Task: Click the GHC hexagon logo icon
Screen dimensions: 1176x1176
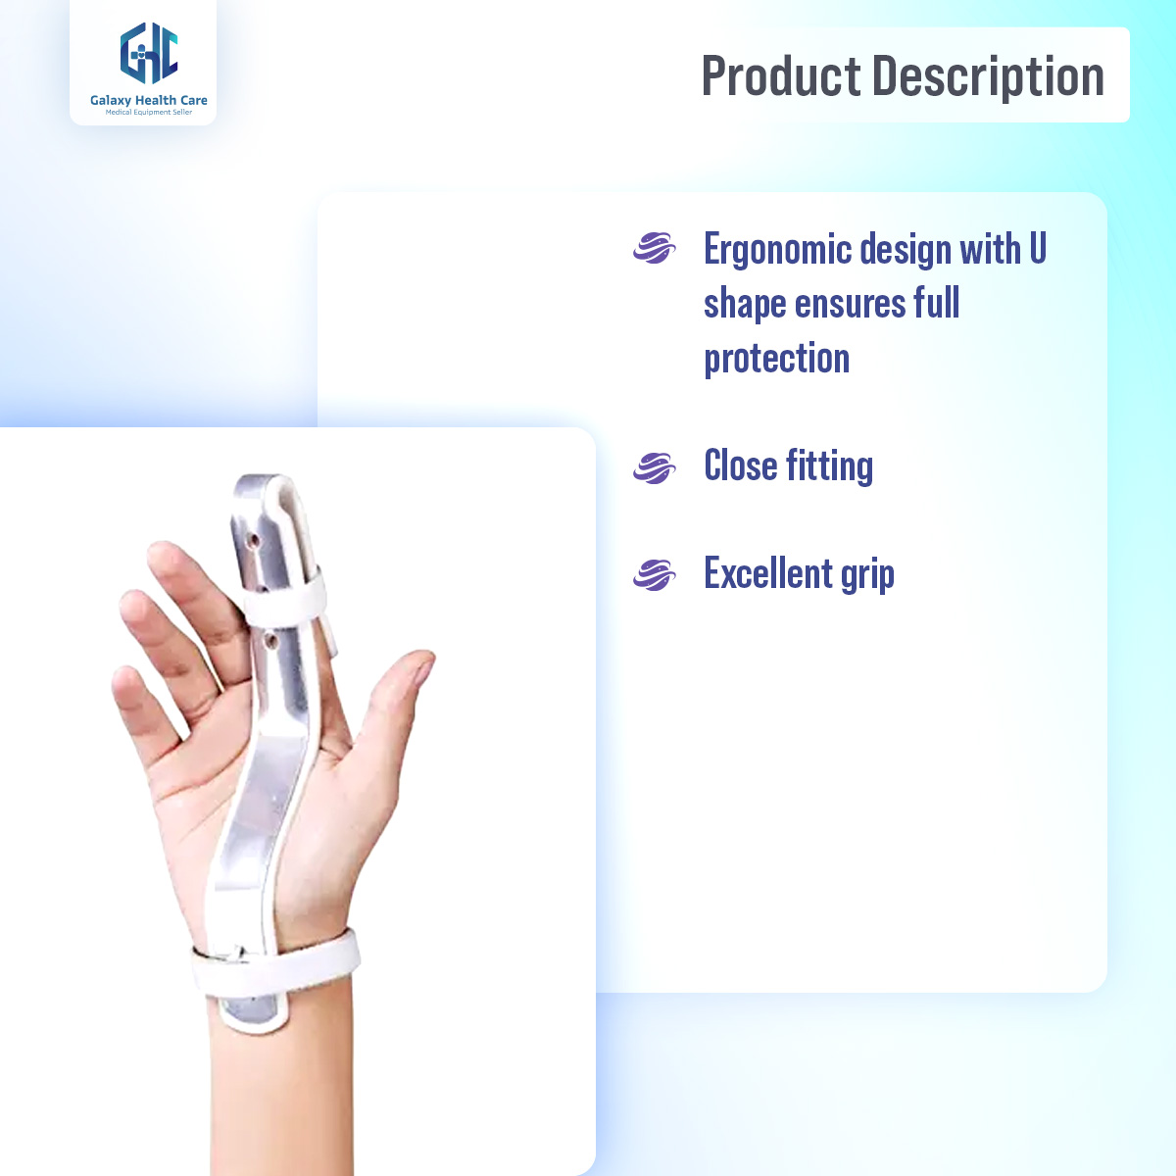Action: point(149,54)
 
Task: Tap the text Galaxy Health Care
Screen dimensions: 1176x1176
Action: point(149,100)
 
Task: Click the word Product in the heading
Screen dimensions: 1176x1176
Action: point(781,76)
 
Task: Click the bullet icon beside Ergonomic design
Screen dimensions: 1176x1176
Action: point(655,248)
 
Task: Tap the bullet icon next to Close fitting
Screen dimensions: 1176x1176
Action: point(655,467)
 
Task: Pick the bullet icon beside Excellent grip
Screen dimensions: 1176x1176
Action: point(655,574)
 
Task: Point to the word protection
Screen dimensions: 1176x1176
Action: point(776,359)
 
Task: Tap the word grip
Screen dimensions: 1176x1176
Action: point(867,575)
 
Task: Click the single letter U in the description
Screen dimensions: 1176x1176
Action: point(1037,249)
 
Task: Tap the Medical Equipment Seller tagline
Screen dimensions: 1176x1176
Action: point(149,113)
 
